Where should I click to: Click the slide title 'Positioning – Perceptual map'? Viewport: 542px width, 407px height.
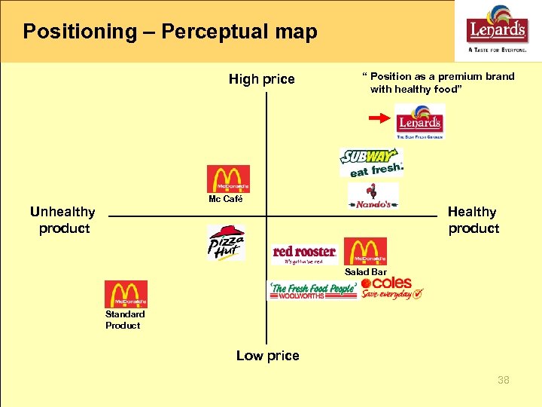(x=170, y=32)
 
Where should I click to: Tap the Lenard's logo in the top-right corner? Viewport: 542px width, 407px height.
(x=498, y=29)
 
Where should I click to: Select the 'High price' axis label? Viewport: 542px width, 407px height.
(x=262, y=79)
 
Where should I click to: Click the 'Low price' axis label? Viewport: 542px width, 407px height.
(x=267, y=356)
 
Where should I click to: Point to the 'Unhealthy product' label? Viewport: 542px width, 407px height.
(x=63, y=220)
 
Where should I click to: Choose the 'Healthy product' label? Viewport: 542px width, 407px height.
(x=473, y=220)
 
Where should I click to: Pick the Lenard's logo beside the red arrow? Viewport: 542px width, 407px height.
(x=419, y=121)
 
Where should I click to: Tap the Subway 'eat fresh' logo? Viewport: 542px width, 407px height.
(x=371, y=163)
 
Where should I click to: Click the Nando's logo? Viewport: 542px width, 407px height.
(x=373, y=197)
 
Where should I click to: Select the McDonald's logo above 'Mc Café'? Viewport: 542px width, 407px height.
(x=228, y=179)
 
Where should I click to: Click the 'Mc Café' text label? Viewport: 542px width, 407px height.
(x=226, y=199)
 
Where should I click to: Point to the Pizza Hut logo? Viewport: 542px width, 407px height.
(x=226, y=242)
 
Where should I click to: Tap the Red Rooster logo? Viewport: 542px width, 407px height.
(x=304, y=253)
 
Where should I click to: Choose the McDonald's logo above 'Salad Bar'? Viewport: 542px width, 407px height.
(x=365, y=251)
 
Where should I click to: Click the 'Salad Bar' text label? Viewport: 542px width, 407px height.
(x=366, y=271)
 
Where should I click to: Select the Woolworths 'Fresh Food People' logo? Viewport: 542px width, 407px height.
(x=312, y=291)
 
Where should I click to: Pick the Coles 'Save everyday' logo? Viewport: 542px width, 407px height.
(x=391, y=288)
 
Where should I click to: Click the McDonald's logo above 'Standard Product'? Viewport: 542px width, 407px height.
(x=126, y=294)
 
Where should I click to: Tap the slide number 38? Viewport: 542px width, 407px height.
(x=503, y=380)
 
